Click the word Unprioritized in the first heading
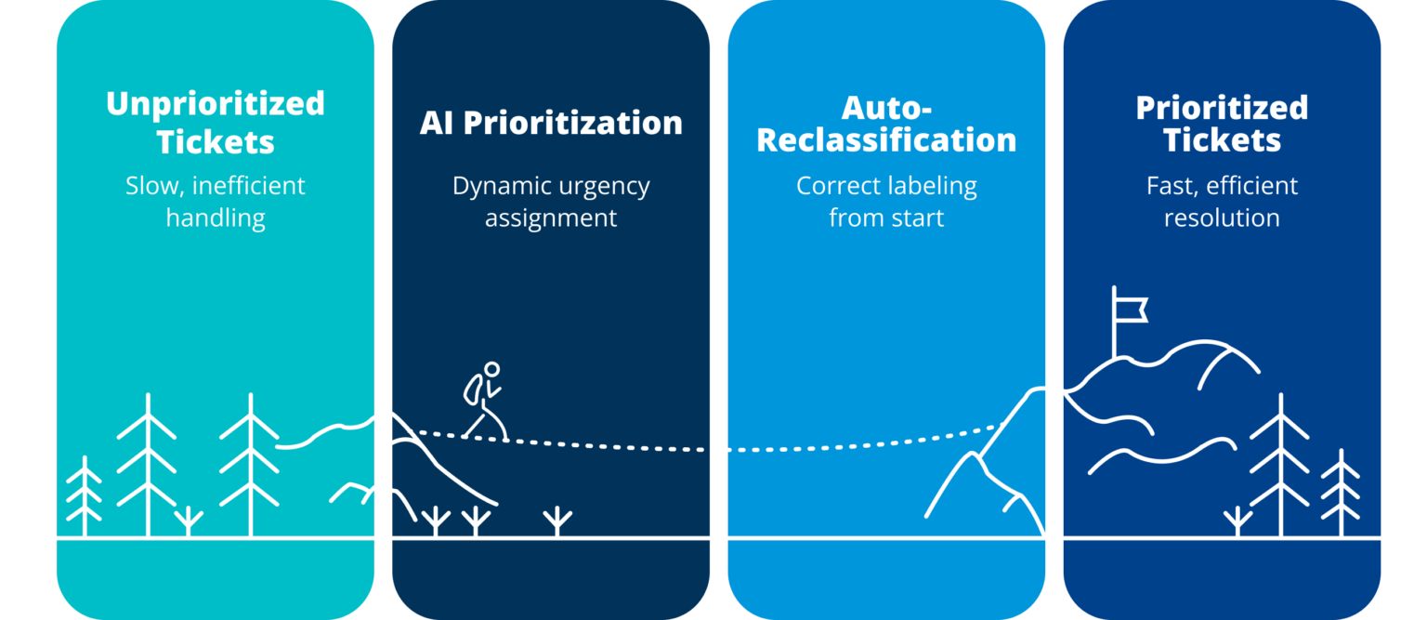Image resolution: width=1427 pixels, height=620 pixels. [216, 105]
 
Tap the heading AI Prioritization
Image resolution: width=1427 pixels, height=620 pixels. [551, 123]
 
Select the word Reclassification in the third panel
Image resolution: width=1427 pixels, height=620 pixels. [886, 140]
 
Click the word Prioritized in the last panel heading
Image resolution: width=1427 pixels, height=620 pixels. [1222, 107]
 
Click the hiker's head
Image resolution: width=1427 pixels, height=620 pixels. [491, 369]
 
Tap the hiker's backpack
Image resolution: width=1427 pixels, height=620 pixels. [473, 389]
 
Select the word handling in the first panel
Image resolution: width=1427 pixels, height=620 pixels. [216, 218]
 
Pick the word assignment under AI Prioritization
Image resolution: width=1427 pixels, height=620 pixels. [551, 218]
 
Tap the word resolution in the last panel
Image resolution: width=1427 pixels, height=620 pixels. [1222, 218]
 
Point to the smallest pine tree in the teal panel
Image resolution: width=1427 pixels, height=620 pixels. [85, 496]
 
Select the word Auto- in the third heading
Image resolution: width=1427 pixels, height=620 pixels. [886, 109]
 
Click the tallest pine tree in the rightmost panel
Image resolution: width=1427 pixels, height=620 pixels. [1280, 465]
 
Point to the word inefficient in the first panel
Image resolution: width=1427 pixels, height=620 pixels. [248, 186]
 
